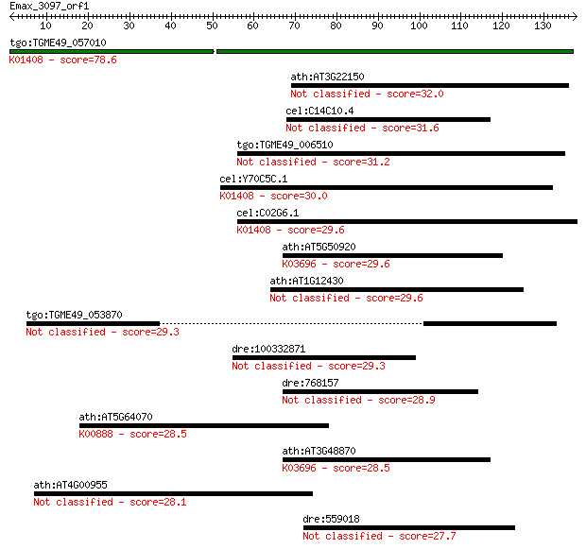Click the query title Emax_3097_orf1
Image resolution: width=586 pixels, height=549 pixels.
click(49, 6)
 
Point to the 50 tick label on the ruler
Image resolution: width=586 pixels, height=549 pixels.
click(212, 26)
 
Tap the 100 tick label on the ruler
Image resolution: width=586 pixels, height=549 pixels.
click(419, 26)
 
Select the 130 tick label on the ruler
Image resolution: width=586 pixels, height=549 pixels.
click(543, 26)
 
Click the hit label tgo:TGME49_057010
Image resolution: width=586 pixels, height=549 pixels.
click(58, 43)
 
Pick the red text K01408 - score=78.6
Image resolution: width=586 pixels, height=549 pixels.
click(62, 60)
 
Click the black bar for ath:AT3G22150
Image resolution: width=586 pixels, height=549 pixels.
click(430, 86)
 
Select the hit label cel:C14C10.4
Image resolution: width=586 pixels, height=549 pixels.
click(319, 111)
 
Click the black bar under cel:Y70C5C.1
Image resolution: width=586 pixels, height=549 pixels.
click(387, 188)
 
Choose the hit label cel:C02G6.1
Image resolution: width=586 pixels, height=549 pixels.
click(267, 213)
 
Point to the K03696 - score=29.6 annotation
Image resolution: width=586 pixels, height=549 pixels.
click(336, 264)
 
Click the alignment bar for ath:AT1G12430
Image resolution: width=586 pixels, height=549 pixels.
click(397, 290)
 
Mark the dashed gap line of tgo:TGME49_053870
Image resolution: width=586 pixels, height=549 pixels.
click(291, 324)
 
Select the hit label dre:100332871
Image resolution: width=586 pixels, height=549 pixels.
click(268, 349)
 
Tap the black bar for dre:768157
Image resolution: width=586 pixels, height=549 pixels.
click(381, 391)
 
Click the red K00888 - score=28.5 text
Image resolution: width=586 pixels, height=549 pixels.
click(132, 434)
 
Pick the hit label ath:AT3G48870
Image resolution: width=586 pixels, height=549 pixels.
click(319, 451)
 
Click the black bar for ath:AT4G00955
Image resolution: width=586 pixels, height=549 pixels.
click(173, 493)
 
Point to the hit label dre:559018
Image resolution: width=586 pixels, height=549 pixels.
click(331, 519)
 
